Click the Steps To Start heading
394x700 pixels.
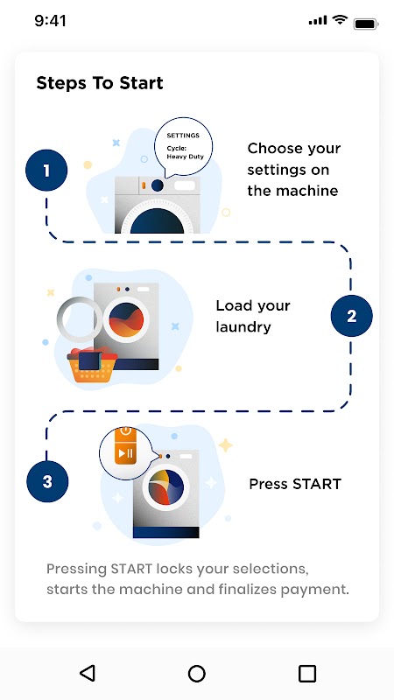tap(100, 83)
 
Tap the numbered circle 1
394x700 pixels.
tap(46, 171)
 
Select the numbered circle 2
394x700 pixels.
tap(352, 316)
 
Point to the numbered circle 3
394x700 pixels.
tap(47, 482)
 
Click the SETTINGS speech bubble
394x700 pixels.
tap(184, 146)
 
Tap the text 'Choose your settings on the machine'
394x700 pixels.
tap(294, 170)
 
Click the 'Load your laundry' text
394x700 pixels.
tap(253, 316)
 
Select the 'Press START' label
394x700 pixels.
tap(295, 484)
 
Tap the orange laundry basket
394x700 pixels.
tap(92, 366)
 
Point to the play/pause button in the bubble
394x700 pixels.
tap(124, 453)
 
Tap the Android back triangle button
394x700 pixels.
tap(87, 673)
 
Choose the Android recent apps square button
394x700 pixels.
tap(307, 673)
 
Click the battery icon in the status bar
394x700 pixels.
tap(366, 24)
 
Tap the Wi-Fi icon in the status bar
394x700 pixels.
tap(340, 20)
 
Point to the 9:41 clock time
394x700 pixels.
tap(50, 21)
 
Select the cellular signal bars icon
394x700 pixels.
tap(318, 20)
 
